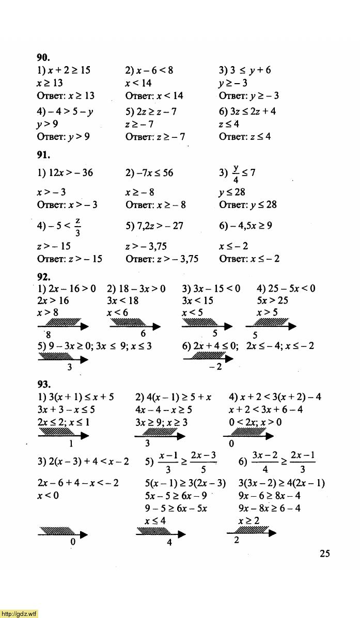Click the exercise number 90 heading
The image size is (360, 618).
43,57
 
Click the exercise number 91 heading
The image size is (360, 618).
43,153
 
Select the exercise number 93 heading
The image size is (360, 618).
43,384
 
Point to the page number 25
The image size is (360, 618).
324,553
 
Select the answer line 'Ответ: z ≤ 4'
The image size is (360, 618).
245,137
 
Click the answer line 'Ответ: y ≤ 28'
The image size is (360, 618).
248,205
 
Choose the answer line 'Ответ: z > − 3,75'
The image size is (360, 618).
162,259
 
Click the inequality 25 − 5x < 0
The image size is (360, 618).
286,288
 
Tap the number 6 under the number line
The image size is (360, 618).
143,334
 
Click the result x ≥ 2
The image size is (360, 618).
249,521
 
